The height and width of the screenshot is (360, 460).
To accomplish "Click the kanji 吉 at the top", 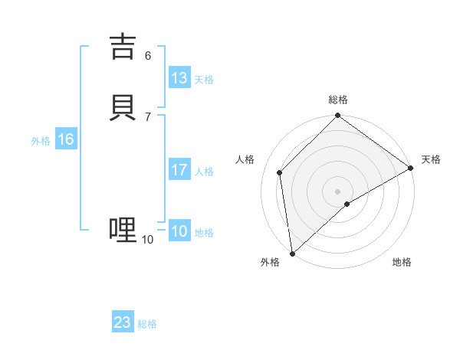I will coord(123,46).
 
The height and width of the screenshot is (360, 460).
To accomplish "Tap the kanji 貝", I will coord(123,107).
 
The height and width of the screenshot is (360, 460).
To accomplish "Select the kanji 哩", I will coord(123,230).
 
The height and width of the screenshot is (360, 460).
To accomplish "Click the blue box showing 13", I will coord(179,78).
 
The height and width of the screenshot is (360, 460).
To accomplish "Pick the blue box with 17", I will coord(179,170).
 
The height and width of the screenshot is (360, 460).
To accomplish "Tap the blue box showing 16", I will coord(66,139).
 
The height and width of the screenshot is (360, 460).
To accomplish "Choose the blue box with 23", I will coord(123,322).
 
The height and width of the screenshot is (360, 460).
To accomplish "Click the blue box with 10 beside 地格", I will coord(179,231).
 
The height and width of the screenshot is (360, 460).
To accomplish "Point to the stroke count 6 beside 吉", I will coord(148,55).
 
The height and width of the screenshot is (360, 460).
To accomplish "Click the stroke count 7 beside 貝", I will coord(148,116).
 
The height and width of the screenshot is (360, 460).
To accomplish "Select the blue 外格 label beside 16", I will coord(41,141).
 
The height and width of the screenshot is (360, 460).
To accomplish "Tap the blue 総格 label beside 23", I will coord(147,324).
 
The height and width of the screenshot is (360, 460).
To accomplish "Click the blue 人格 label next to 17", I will coord(205,172).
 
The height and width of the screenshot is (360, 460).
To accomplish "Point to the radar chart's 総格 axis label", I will coord(338,100).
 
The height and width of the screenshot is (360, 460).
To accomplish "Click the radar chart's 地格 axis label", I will coord(402,262).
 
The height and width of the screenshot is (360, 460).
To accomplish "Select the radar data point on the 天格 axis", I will coord(411,169).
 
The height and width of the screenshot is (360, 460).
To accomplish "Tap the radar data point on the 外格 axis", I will coord(292,254).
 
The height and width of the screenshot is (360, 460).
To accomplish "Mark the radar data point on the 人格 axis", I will coord(280,172).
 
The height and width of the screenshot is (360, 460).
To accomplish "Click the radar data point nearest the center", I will coord(347,204).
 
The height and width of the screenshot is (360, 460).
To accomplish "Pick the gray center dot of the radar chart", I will coord(338,191).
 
